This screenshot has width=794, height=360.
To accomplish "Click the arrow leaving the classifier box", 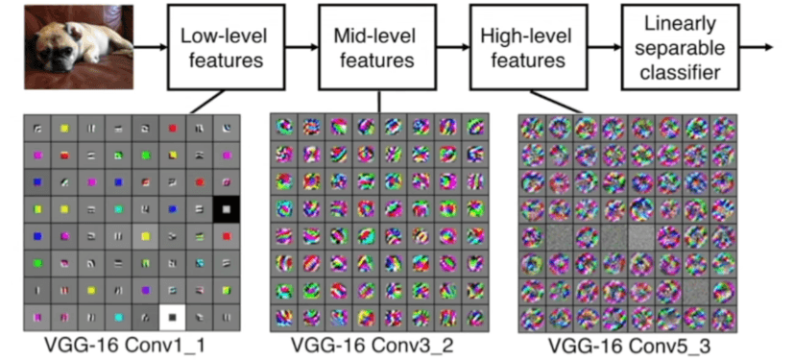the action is pyautogui.click(x=758, y=47).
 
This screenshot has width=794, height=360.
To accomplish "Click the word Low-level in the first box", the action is pyautogui.click(x=221, y=37).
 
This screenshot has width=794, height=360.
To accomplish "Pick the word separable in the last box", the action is pyautogui.click(x=682, y=47).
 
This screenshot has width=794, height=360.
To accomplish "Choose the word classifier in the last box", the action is pyautogui.click(x=682, y=72).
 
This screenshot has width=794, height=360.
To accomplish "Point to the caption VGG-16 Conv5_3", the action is pyautogui.click(x=629, y=344).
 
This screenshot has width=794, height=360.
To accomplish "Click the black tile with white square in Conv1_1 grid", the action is pyautogui.click(x=228, y=207).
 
